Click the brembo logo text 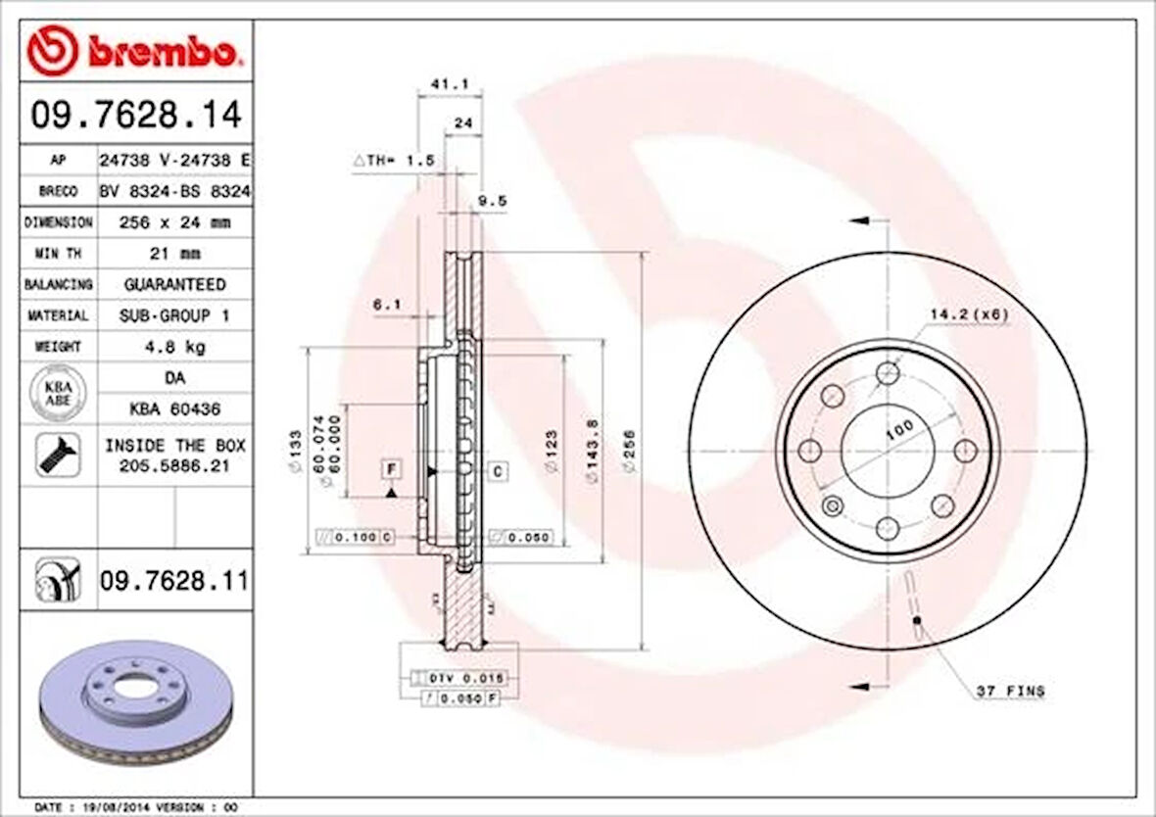coord(162,52)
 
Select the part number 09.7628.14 coord(136,116)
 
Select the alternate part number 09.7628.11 coord(173,583)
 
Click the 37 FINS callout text coord(1010,692)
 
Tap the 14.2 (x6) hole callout coord(968,314)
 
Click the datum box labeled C coord(497,472)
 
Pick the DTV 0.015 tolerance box coord(459,678)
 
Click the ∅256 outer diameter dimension coord(630,452)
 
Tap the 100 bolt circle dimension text coord(899,428)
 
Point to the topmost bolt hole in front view coord(888,372)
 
